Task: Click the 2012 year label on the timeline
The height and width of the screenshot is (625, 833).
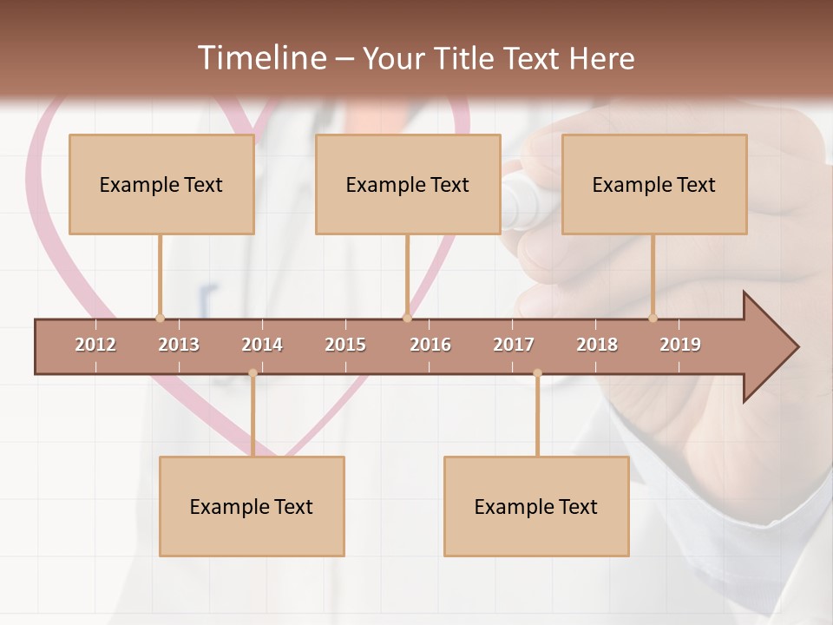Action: (x=95, y=345)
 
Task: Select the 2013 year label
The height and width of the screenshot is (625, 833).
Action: (x=179, y=345)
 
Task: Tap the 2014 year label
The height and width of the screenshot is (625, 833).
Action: (x=262, y=345)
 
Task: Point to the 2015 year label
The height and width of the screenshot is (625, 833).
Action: (x=345, y=345)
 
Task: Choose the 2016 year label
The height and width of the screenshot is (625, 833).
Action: (x=430, y=345)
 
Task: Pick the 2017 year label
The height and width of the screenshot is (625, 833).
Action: (x=514, y=345)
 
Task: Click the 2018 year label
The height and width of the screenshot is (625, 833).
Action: (x=597, y=345)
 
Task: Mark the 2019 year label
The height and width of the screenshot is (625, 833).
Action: (x=680, y=345)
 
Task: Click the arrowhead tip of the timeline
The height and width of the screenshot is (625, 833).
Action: (x=796, y=347)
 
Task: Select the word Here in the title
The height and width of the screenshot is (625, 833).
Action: (x=601, y=58)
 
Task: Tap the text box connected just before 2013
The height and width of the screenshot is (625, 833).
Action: (x=161, y=184)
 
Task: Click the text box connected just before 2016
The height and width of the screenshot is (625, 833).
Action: (x=408, y=184)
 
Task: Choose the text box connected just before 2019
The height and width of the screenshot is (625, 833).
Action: (x=654, y=184)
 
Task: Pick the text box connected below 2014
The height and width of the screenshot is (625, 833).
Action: (x=252, y=506)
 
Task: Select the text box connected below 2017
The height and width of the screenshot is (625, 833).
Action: (x=536, y=506)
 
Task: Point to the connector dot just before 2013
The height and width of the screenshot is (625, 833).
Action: (x=160, y=318)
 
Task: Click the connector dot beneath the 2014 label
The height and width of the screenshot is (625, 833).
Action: (x=253, y=373)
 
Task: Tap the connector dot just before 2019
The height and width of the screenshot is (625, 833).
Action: (x=653, y=318)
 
